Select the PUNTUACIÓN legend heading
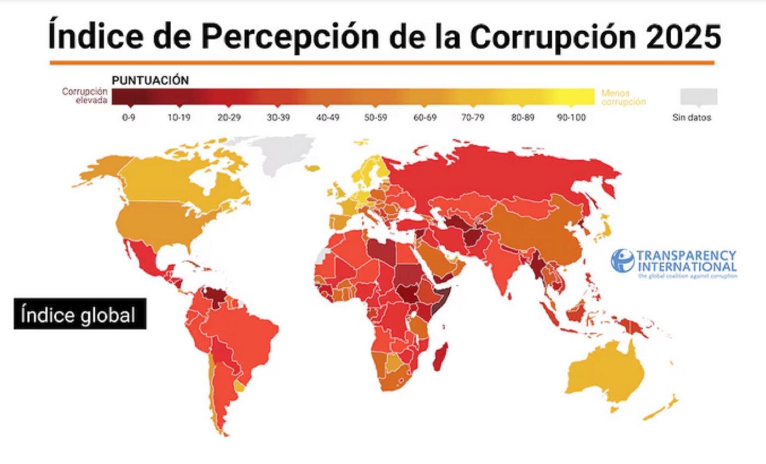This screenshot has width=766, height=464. (x=150, y=80)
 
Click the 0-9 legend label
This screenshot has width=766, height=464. (x=128, y=117)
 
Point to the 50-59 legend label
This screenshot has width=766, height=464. (x=375, y=117)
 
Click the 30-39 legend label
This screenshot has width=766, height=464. (x=278, y=117)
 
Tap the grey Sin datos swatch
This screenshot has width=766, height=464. (x=698, y=96)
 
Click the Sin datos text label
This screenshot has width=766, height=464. (x=692, y=117)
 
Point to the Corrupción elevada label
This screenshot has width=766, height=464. (x=85, y=96)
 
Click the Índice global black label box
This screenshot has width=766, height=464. (x=80, y=314)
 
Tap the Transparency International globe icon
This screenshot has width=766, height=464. (x=622, y=260)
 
